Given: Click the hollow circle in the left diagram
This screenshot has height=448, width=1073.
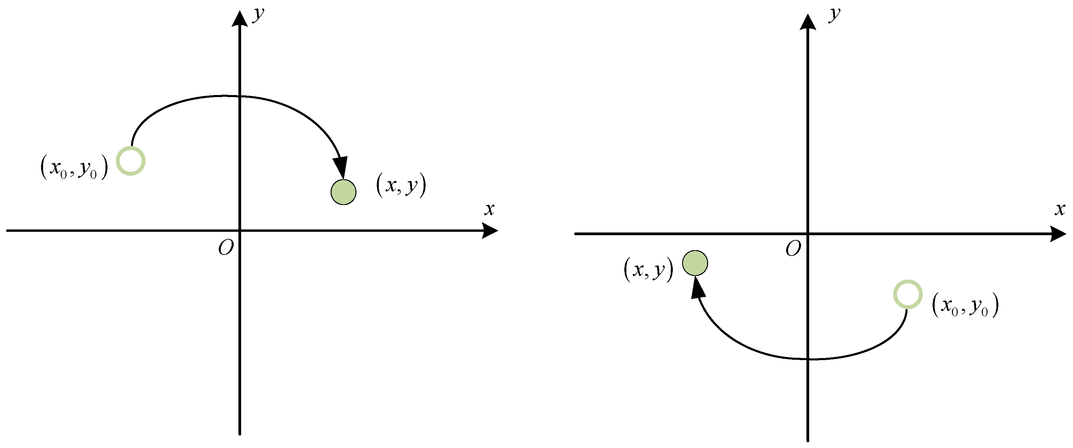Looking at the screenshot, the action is (x=130, y=161).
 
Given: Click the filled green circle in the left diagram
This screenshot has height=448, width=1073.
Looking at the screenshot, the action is (x=343, y=192).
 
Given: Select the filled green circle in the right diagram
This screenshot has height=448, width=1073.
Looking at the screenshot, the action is (x=695, y=263).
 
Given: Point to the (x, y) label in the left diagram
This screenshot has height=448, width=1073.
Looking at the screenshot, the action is (x=401, y=185).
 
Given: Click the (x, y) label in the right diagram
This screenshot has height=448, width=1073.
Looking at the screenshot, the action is (x=648, y=269).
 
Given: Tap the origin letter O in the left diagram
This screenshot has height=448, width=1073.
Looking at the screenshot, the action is (x=226, y=248).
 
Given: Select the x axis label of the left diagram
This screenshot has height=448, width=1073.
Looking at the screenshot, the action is (x=489, y=209).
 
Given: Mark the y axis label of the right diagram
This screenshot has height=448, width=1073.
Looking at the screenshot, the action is (x=834, y=14).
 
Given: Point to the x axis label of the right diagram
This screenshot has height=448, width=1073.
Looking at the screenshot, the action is (x=1060, y=209).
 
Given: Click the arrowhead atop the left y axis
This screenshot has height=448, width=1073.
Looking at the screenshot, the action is (x=239, y=19).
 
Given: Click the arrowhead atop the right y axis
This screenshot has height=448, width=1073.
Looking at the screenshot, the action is (x=808, y=22).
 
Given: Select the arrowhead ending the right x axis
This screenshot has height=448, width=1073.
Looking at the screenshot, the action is (x=1058, y=234).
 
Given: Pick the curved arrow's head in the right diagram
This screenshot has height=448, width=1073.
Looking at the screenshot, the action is (x=697, y=287).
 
